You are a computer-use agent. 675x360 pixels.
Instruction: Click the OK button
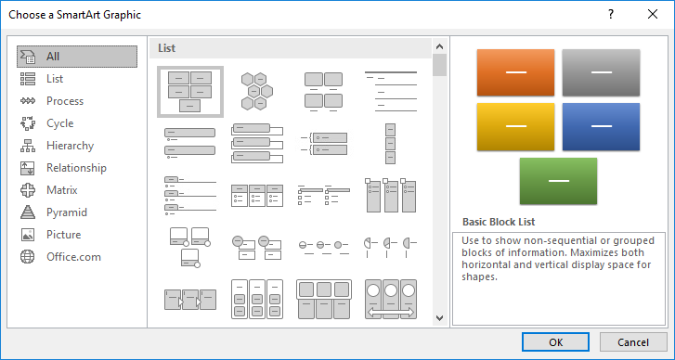pyautogui.click(x=555, y=341)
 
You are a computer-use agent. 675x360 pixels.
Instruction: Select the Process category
pyautogui.click(x=64, y=101)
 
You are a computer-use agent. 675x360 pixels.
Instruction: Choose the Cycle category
pyautogui.click(x=59, y=123)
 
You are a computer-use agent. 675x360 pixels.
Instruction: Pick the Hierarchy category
pyautogui.click(x=70, y=146)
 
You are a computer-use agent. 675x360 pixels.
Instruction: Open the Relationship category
pyautogui.click(x=76, y=168)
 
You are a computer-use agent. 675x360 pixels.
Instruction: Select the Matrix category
pyautogui.click(x=61, y=190)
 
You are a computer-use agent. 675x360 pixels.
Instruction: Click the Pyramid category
pyautogui.click(x=66, y=212)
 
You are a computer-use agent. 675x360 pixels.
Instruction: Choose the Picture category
pyautogui.click(x=63, y=235)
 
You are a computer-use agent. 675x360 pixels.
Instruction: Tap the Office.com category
pyautogui.click(x=73, y=257)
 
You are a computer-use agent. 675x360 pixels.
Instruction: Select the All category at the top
pyautogui.click(x=53, y=57)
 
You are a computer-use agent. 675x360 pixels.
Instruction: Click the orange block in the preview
pyautogui.click(x=515, y=72)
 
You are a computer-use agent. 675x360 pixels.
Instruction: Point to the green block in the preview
pyautogui.click(x=558, y=180)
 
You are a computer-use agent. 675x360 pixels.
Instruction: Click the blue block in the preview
pyautogui.click(x=601, y=126)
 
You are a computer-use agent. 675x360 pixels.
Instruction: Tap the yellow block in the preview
pyautogui.click(x=515, y=126)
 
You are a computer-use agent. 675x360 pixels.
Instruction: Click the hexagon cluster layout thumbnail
pyautogui.click(x=255, y=91)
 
